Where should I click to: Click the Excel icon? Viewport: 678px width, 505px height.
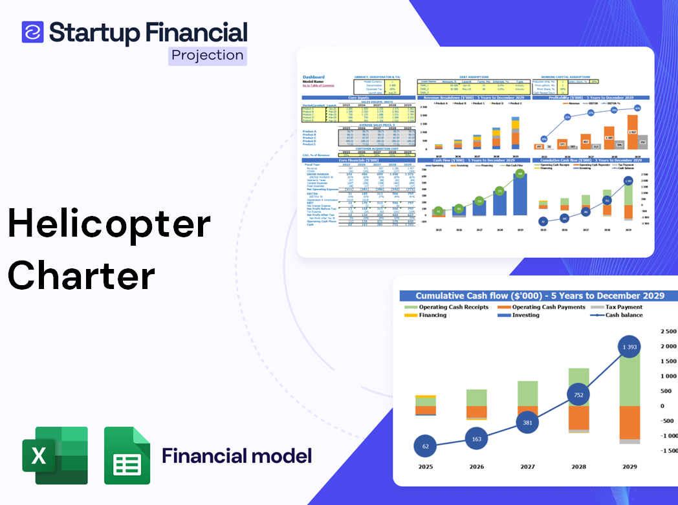click(55, 455)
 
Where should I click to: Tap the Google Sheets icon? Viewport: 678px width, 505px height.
click(127, 455)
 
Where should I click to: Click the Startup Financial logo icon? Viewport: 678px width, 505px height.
click(32, 32)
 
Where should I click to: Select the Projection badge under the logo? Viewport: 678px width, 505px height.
click(208, 56)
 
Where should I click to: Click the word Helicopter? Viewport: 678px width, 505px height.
click(109, 224)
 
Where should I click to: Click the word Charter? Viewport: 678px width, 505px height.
click(82, 275)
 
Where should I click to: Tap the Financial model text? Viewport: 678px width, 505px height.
click(237, 455)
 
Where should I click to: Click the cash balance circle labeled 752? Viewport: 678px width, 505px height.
click(578, 396)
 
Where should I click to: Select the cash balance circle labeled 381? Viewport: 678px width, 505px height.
click(527, 422)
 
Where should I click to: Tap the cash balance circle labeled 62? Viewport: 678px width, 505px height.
click(425, 446)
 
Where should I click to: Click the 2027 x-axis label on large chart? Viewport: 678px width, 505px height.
click(527, 466)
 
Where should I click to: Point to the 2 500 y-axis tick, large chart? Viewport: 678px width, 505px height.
click(667, 332)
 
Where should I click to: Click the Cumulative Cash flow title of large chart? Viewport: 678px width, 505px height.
click(540, 295)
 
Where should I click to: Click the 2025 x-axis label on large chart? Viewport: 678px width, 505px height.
click(425, 466)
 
